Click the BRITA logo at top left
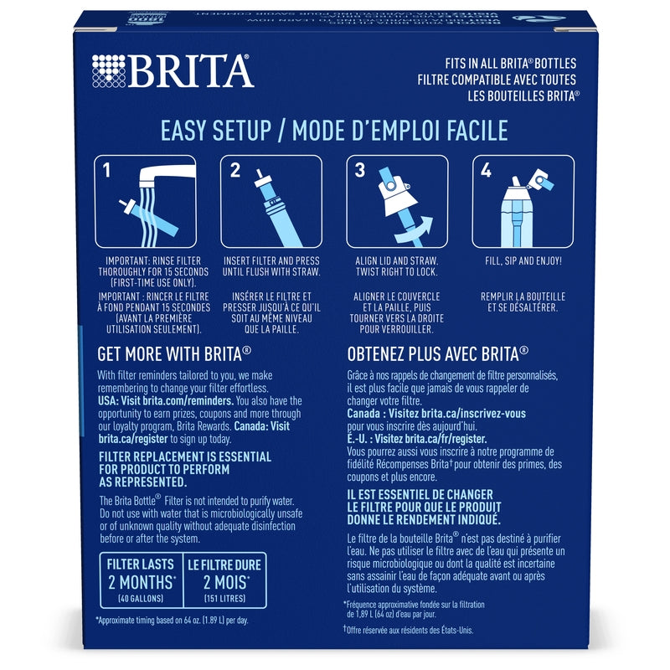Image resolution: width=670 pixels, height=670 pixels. coord(172,71)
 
